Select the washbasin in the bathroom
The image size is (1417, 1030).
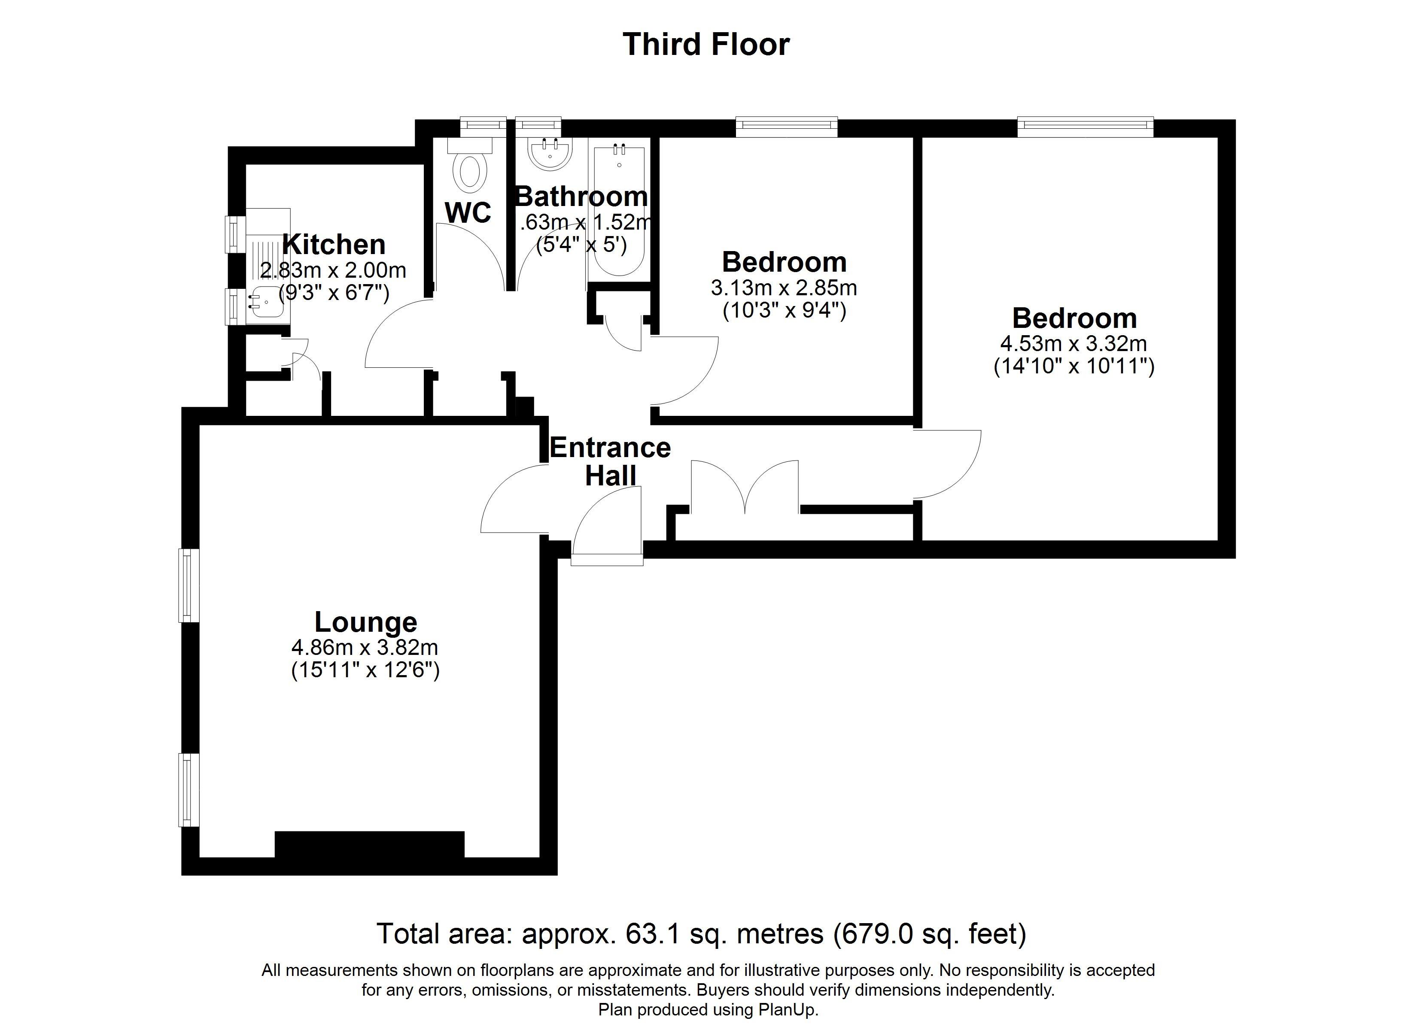point(550,153)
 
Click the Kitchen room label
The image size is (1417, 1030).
point(334,244)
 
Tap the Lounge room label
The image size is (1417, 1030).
point(365,622)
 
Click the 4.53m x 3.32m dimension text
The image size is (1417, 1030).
point(1073,343)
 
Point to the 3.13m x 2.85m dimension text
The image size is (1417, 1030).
point(784,288)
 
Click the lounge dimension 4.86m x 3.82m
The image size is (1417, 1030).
point(365,647)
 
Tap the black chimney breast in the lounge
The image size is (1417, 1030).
point(369,845)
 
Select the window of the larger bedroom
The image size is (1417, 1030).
point(1085,127)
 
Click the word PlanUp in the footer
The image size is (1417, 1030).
point(787,1010)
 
